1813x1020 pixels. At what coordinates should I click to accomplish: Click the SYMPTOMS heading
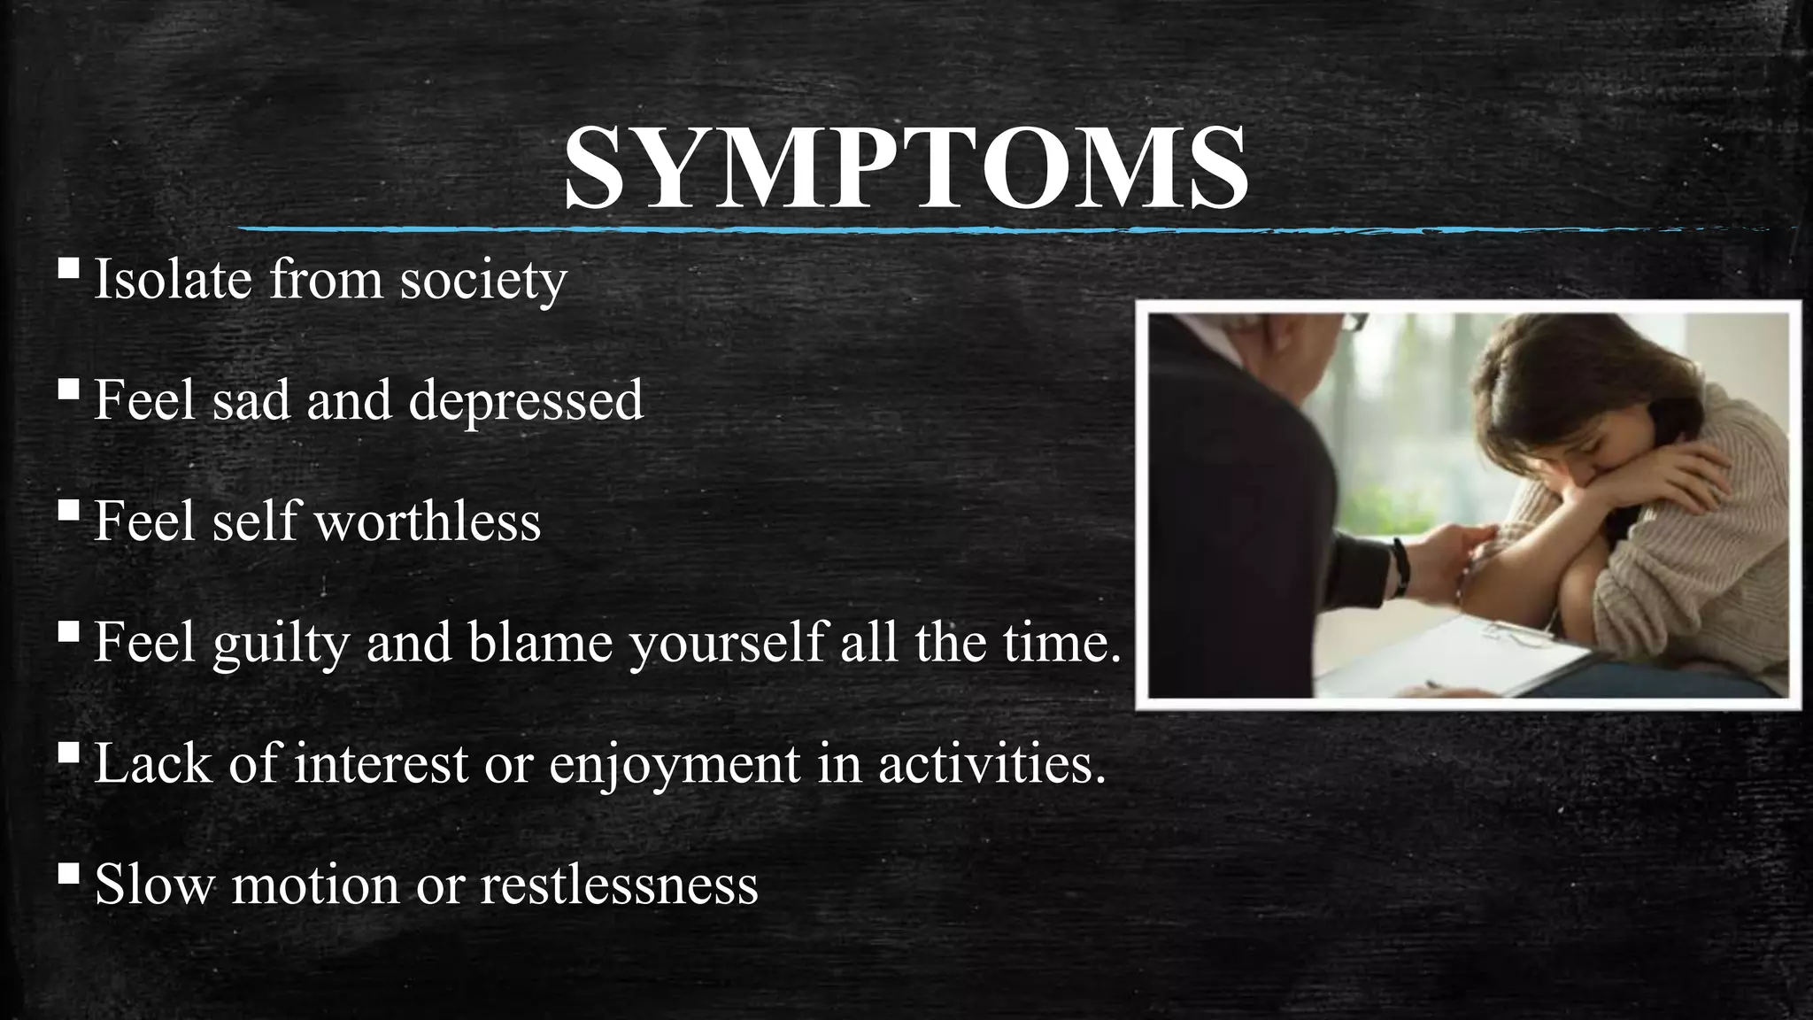click(x=906, y=168)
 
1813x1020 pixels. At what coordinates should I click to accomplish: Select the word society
click(x=483, y=281)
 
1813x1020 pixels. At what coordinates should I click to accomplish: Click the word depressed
click(x=526, y=400)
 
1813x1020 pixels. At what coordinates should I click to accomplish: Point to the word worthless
click(x=428, y=521)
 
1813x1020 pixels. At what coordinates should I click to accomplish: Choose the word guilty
click(x=282, y=643)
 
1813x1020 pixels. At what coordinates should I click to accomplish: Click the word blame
click(x=541, y=641)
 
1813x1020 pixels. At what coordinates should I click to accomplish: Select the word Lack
click(x=153, y=762)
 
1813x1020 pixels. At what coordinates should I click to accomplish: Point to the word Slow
click(x=154, y=884)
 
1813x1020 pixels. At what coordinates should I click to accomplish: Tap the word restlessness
click(x=619, y=884)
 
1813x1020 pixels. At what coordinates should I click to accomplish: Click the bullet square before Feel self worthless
click(x=68, y=510)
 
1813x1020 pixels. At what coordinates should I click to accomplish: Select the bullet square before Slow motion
click(x=68, y=873)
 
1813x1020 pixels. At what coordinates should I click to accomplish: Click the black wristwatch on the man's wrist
click(x=1400, y=567)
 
